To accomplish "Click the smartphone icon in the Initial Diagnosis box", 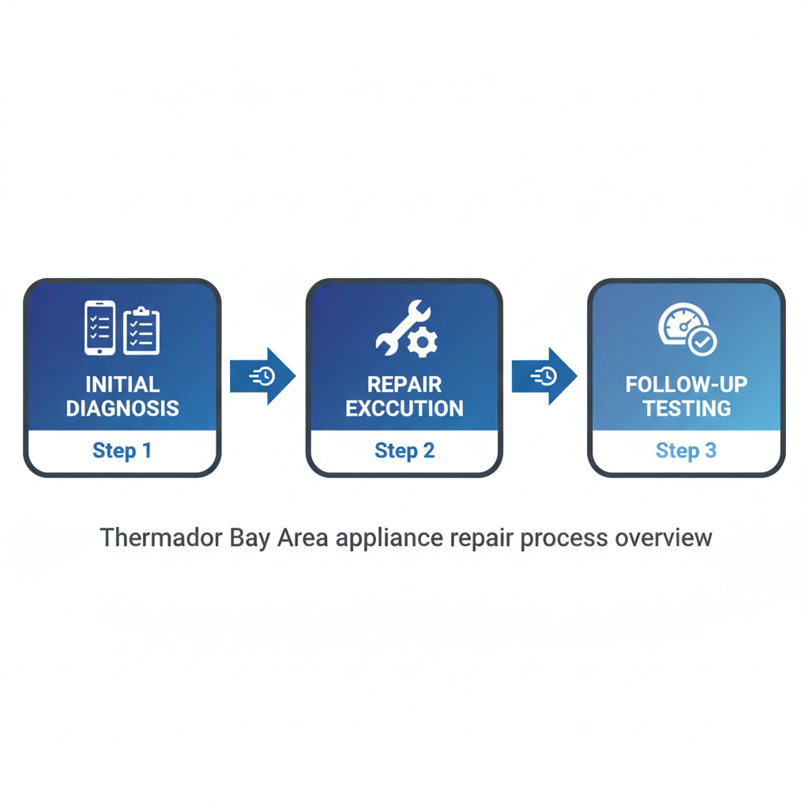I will click(100, 328).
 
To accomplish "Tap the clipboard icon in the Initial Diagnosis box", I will click(142, 330).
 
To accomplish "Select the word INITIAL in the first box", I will click(122, 385).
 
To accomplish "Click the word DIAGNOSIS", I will click(122, 408).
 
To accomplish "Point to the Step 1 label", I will click(122, 451).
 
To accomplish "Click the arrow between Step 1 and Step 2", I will click(262, 376).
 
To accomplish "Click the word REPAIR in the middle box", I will click(404, 385).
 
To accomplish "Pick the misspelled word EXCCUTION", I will click(404, 408).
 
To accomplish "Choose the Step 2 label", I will click(404, 451).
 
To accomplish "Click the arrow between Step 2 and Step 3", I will click(544, 376).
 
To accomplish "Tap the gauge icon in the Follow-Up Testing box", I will click(678, 324).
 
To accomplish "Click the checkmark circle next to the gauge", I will click(702, 342).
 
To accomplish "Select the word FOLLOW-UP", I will click(686, 385).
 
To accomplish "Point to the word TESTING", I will click(686, 408).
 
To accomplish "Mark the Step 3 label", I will click(686, 451).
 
